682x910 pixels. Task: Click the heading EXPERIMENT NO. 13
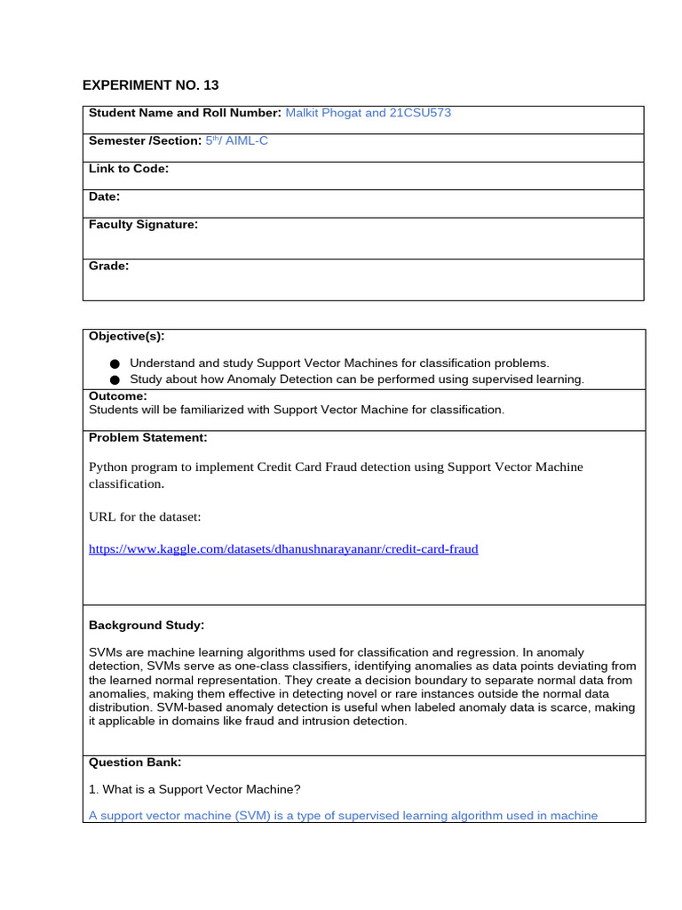click(150, 85)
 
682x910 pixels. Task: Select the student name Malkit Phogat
click(323, 113)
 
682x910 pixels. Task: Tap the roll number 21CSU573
click(414, 113)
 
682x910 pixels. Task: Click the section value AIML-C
click(247, 141)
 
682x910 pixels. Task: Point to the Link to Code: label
click(129, 169)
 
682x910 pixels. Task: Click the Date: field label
click(104, 196)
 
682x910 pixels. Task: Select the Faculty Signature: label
click(143, 225)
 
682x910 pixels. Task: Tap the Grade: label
click(108, 266)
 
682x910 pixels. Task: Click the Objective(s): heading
click(126, 336)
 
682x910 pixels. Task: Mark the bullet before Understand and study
click(115, 363)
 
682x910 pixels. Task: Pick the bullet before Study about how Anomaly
click(115, 379)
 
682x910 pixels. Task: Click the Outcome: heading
click(118, 395)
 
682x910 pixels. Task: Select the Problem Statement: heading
click(147, 437)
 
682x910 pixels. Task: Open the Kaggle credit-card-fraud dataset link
click(283, 549)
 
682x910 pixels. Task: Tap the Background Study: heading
click(147, 626)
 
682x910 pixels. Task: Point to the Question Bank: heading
click(135, 762)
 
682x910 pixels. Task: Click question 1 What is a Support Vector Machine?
click(195, 789)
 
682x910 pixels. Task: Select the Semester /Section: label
click(145, 141)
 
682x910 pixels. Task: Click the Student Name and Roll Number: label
click(185, 113)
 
